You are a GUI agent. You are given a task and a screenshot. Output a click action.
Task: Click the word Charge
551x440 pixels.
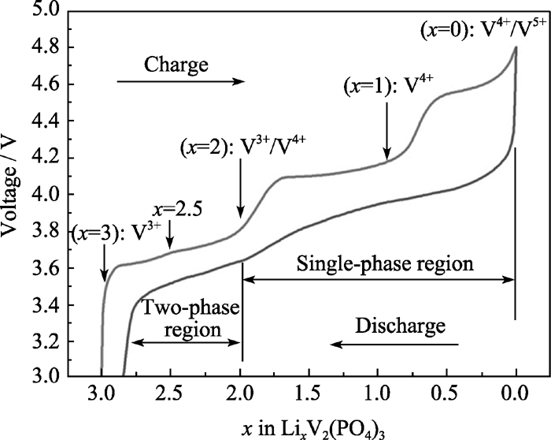click(x=176, y=65)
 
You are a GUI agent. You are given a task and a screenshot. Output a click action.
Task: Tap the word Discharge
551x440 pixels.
click(x=400, y=325)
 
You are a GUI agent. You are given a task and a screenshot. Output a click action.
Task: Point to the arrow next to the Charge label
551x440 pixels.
click(x=181, y=81)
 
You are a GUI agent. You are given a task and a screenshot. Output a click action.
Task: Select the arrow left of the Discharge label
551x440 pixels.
click(x=394, y=344)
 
